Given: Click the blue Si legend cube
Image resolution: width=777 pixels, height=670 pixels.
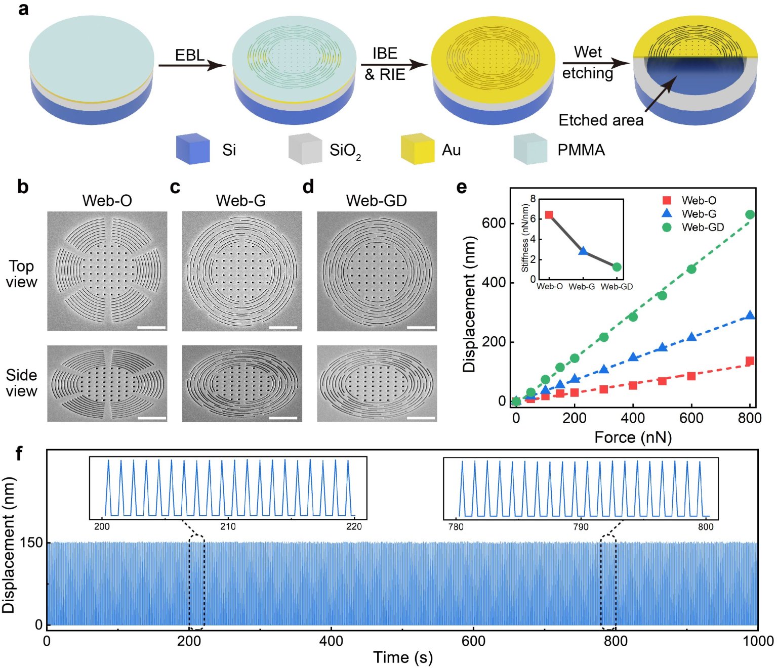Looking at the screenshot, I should (x=193, y=149).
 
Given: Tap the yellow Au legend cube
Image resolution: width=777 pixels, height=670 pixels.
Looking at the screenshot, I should (x=418, y=149).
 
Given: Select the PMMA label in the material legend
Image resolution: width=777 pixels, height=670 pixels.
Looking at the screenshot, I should (x=581, y=150).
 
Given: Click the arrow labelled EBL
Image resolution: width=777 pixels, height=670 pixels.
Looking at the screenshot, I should (x=191, y=65).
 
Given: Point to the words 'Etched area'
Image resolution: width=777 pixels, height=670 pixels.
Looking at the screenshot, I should (x=601, y=120).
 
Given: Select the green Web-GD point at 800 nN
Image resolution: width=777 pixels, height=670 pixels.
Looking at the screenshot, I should (x=750, y=215).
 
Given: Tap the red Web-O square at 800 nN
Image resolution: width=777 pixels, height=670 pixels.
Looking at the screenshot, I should (x=750, y=361).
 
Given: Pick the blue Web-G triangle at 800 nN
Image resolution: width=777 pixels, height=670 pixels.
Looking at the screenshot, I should (x=750, y=316).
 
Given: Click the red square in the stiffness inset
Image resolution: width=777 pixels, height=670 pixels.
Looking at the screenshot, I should (x=549, y=215).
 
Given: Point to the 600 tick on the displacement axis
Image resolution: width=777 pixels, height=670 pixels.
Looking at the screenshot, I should (x=494, y=223).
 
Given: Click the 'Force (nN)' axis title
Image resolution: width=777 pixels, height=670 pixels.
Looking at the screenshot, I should (x=633, y=437).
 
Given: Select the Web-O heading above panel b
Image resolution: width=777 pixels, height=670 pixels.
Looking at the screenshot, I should (x=107, y=201).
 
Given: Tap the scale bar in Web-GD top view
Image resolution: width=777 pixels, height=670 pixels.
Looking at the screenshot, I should (x=421, y=328).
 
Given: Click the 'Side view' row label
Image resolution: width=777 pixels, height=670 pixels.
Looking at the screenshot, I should (x=21, y=383).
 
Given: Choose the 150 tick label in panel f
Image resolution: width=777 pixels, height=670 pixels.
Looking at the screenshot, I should (x=31, y=543).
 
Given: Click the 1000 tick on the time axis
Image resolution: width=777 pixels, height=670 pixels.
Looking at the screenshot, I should (x=758, y=641).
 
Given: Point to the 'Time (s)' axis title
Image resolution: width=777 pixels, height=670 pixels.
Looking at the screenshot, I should (x=403, y=657).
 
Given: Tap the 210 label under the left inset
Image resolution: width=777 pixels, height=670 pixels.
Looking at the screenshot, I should (x=228, y=527).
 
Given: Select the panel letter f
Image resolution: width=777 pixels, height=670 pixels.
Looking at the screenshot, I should (x=19, y=454).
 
